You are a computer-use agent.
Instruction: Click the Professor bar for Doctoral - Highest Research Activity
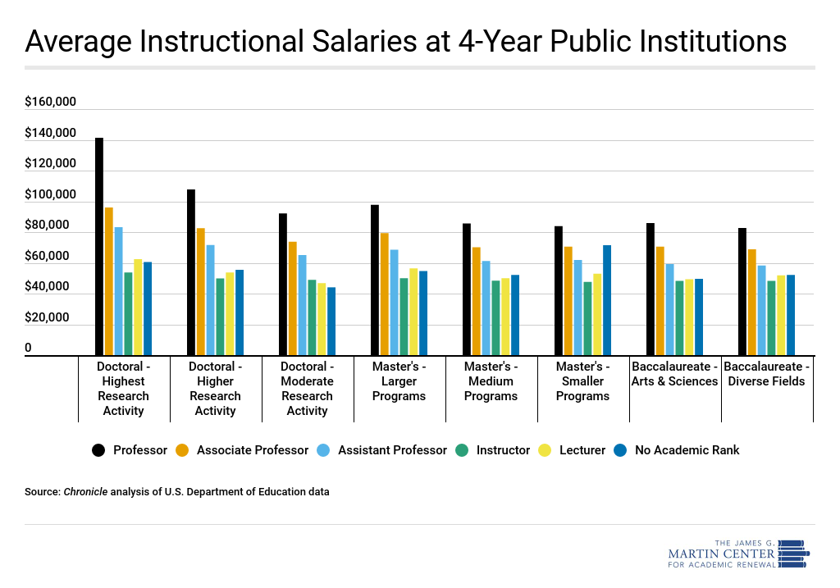[x=99, y=246]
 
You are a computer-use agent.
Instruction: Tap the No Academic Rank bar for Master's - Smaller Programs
[x=607, y=300]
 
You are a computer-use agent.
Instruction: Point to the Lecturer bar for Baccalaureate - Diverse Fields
[x=781, y=315]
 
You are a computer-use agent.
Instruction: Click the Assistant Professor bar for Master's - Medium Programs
[x=486, y=308]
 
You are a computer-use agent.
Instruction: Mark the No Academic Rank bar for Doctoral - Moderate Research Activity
[x=331, y=321]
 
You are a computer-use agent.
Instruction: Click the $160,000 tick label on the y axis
[x=50, y=103]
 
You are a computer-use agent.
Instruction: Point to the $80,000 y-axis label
[x=50, y=226]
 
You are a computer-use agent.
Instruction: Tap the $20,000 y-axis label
[x=50, y=318]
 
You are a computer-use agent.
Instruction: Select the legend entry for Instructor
[x=493, y=449]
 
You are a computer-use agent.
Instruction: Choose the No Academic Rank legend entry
[x=678, y=449]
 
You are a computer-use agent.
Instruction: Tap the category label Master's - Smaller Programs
[x=582, y=381]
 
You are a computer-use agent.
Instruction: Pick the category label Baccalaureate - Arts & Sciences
[x=674, y=373]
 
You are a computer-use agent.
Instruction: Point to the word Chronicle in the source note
[x=85, y=492]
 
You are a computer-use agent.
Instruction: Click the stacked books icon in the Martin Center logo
[x=793, y=554]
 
